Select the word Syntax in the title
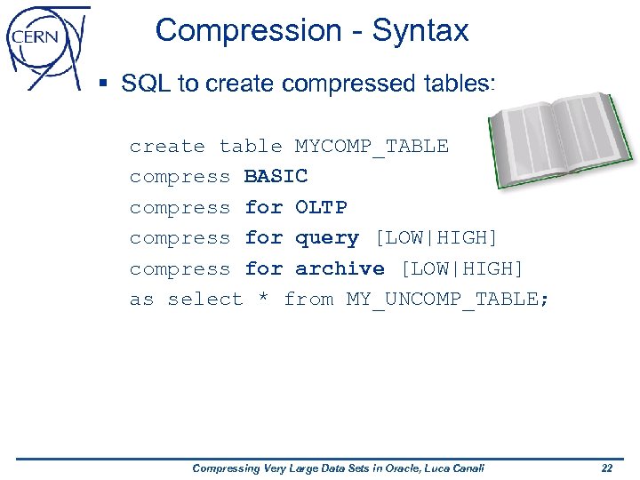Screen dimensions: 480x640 [x=420, y=31]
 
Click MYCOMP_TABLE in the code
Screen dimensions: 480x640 [x=372, y=147]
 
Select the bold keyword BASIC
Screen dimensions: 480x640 [x=276, y=177]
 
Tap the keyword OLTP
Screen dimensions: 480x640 [x=321, y=208]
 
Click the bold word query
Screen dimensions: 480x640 [x=327, y=238]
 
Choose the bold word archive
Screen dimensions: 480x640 [x=340, y=268]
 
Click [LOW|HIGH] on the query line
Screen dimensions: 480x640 [x=436, y=238]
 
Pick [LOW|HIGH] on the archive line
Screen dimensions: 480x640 [x=462, y=268]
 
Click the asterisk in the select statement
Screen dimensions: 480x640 [x=262, y=300]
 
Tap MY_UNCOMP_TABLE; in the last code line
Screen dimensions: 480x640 [x=448, y=300]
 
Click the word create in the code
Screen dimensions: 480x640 [x=167, y=147]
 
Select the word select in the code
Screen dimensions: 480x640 [x=205, y=300]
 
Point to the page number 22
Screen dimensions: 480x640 [x=607, y=468]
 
